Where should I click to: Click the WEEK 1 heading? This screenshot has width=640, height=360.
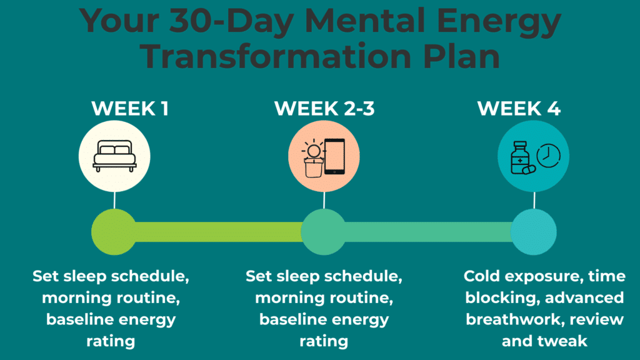pyautogui.click(x=129, y=108)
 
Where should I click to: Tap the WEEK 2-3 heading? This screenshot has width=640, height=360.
pyautogui.click(x=324, y=108)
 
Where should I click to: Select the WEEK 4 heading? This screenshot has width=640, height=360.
pyautogui.click(x=519, y=108)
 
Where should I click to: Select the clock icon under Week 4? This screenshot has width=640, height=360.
pyautogui.click(x=547, y=155)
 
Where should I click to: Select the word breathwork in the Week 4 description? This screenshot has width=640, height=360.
pyautogui.click(x=512, y=319)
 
